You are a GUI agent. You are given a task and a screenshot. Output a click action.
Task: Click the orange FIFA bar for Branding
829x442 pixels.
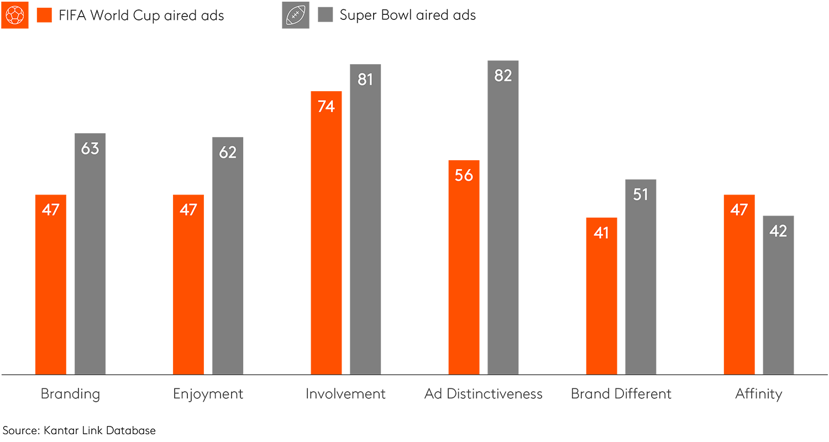(x=50, y=285)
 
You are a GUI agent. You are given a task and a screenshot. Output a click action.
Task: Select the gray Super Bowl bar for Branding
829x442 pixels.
(x=90, y=254)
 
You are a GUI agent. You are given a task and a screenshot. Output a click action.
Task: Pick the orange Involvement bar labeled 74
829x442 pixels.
(x=326, y=233)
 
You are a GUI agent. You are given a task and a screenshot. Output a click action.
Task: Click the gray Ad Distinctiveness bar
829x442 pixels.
(x=503, y=218)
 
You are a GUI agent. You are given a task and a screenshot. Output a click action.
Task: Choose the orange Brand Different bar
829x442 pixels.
(x=601, y=296)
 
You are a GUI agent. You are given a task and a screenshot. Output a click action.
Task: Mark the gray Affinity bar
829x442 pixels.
(x=778, y=295)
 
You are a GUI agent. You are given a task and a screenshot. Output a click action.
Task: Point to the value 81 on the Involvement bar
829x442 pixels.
(x=365, y=80)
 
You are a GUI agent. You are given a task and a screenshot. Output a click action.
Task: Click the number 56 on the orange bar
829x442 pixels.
(x=464, y=175)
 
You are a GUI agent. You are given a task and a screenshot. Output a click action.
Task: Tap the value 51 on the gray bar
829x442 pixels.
(x=641, y=194)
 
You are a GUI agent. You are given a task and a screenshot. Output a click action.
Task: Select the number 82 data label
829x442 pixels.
(x=503, y=76)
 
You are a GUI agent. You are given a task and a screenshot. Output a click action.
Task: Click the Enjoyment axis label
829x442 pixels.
(x=208, y=394)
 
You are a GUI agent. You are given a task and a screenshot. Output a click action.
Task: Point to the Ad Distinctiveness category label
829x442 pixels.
(x=483, y=394)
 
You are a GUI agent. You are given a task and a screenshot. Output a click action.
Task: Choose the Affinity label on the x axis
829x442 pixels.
(x=758, y=394)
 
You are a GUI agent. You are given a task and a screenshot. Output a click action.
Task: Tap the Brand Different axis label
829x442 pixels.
(x=621, y=394)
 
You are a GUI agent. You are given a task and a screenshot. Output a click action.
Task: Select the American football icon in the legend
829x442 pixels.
(x=296, y=15)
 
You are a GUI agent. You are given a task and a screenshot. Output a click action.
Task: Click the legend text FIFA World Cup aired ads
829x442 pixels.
(x=141, y=15)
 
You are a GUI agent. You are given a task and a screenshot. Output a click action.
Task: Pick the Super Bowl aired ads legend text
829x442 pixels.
(x=407, y=15)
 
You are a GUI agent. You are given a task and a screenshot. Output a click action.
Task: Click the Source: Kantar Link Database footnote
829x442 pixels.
(x=79, y=430)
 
